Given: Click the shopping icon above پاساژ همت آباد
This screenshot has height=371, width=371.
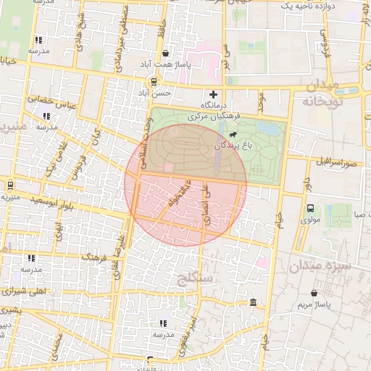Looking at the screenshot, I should pyautogui.click(x=166, y=53).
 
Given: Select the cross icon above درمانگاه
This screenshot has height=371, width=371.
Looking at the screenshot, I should pyautogui.click(x=213, y=94).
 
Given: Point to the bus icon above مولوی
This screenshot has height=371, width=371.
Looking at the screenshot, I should pyautogui.click(x=310, y=207).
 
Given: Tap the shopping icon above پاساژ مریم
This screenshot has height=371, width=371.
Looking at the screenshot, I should pyautogui.click(x=313, y=293).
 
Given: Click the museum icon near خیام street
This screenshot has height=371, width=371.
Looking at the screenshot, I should pyautogui.click(x=252, y=302).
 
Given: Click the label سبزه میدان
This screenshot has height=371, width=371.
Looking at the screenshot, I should pyautogui.click(x=320, y=267).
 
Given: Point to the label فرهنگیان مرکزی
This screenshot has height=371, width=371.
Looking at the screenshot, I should pyautogui.click(x=218, y=115).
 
